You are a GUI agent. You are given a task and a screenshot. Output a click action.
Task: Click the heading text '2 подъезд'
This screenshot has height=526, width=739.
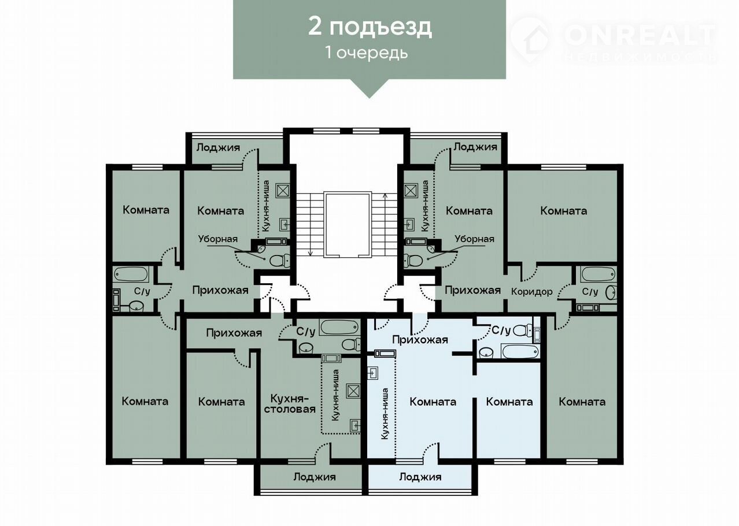point(370,27)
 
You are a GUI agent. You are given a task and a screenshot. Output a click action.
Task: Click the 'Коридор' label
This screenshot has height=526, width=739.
point(532,292)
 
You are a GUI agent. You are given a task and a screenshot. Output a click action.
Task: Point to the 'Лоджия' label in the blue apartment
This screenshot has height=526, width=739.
point(420,477)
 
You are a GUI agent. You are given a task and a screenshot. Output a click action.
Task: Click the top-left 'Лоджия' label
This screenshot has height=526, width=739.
point(218,147)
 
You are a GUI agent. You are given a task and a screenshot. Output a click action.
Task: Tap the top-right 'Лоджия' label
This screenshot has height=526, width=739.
point(475,147)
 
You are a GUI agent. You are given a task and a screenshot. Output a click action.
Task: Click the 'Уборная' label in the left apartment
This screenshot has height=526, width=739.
point(218,239)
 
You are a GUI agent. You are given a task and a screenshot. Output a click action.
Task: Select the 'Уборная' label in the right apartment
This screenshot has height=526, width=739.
point(474,239)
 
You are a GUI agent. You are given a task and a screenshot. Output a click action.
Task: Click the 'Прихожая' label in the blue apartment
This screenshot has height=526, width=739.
point(420,340)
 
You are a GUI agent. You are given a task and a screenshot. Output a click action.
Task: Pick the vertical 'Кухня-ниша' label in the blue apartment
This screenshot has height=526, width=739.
point(385,413)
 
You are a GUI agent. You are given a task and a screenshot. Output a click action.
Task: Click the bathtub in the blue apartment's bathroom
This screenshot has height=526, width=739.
point(520,351)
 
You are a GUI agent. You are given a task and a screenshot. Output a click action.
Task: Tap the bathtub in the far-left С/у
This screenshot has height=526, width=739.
point(131,274)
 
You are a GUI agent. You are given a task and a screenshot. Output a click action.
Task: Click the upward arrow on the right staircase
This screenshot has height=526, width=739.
point(385,224)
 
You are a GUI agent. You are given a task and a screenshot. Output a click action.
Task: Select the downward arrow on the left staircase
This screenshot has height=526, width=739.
point(310,224)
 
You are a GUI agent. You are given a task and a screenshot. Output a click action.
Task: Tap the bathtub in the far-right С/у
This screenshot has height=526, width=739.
point(598,275)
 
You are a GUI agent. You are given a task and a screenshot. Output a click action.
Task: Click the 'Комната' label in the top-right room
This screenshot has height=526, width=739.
point(563,211)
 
